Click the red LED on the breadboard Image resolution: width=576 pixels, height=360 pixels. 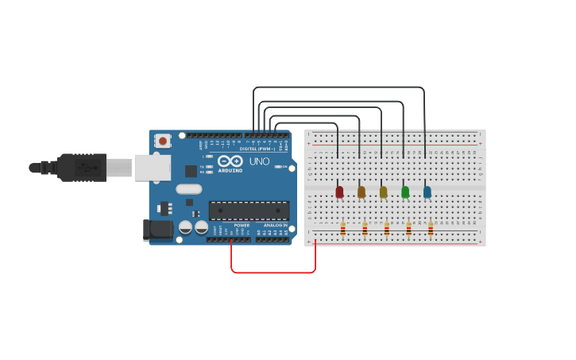339,192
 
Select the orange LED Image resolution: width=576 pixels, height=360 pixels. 361,192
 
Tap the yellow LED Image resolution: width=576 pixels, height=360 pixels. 384,192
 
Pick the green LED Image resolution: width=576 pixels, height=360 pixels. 405,192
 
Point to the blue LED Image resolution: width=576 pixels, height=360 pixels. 427,192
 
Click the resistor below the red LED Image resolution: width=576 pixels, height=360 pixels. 342,229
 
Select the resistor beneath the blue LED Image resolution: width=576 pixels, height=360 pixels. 431,229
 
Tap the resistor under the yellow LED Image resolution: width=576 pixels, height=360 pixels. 387,229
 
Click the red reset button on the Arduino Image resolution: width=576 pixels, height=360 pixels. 163,141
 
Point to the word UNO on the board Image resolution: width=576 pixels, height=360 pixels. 259,161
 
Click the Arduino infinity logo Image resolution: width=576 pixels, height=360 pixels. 230,161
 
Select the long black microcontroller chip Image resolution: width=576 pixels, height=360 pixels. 249,210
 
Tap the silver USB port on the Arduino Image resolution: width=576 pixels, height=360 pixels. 151,168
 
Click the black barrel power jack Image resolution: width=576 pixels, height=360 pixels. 158,230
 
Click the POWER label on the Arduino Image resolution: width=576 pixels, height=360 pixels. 242,225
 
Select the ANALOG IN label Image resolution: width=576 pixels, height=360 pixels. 276,225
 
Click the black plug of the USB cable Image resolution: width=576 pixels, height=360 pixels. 79,168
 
